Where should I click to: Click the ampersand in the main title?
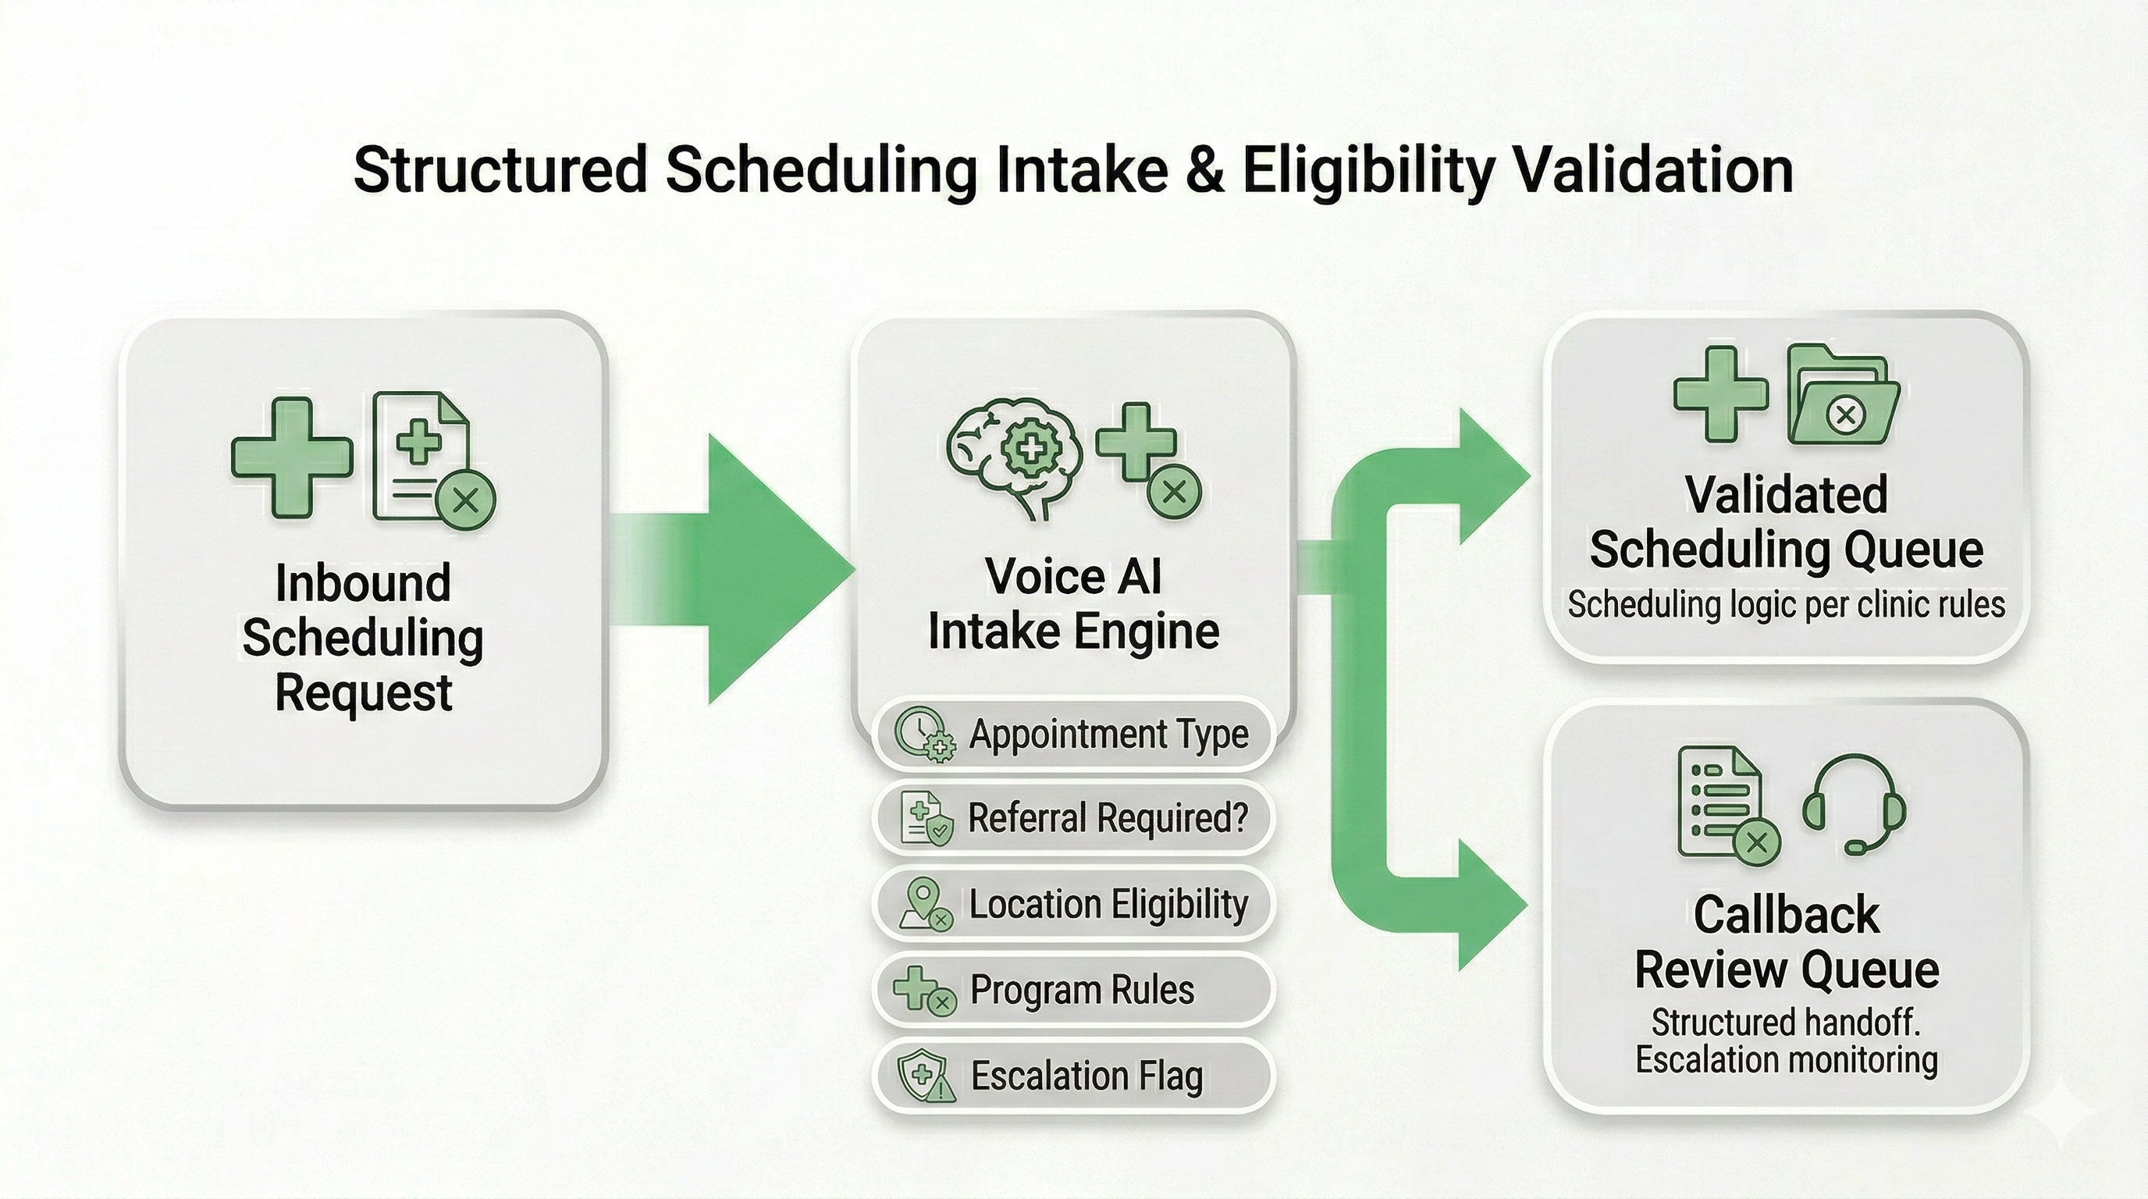pyautogui.click(x=1205, y=171)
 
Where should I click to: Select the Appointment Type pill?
pyautogui.click(x=1074, y=735)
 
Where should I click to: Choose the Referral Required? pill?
pyautogui.click(x=1074, y=818)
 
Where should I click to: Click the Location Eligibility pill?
pyautogui.click(x=1074, y=904)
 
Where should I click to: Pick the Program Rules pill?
pyautogui.click(x=1074, y=990)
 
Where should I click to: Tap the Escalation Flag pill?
pyautogui.click(x=1074, y=1076)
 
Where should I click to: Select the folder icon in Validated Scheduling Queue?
pyautogui.click(x=1844, y=394)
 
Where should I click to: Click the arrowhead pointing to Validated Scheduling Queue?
pyautogui.click(x=1492, y=476)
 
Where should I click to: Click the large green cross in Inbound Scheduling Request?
pyautogui.click(x=292, y=457)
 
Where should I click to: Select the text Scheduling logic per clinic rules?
pyautogui.click(x=1785, y=604)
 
